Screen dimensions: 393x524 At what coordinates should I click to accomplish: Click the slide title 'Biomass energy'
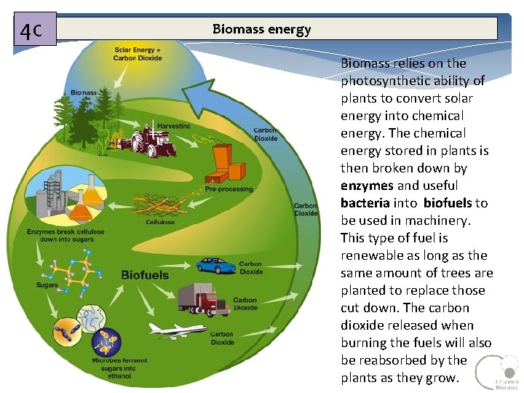tap(261, 29)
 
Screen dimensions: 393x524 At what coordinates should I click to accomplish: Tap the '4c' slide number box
tap(34, 31)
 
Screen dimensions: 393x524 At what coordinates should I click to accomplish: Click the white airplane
tap(178, 330)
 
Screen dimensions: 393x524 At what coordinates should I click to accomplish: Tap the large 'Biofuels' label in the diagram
tap(145, 275)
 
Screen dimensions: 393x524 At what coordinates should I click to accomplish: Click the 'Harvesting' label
tap(174, 126)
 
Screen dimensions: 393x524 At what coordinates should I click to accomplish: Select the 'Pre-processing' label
tap(229, 189)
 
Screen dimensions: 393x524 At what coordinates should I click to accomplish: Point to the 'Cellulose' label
tap(160, 222)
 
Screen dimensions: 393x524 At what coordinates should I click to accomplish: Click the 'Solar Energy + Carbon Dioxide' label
tap(138, 54)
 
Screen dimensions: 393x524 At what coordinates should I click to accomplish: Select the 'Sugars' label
tap(47, 285)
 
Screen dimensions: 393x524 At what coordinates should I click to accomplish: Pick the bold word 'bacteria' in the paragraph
tap(365, 203)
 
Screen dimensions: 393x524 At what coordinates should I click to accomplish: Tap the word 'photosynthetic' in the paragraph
tap(387, 81)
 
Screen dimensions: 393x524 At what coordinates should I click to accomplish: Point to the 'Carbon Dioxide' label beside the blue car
tap(250, 268)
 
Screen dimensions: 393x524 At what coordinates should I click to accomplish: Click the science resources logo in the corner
tap(497, 373)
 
